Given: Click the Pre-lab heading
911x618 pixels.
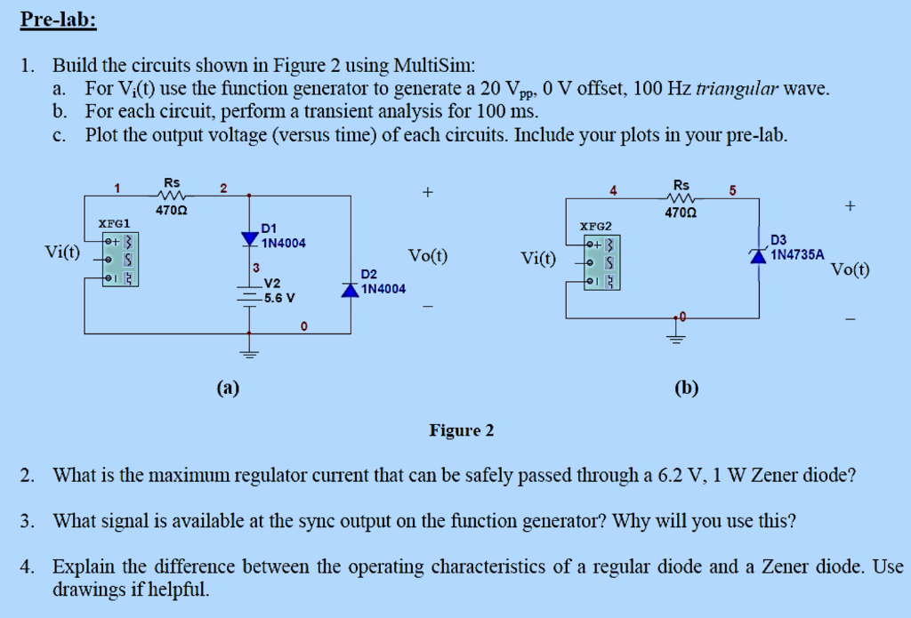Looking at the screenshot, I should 58,20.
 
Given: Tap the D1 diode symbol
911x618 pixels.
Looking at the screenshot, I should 249,238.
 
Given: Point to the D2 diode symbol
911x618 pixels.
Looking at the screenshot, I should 350,290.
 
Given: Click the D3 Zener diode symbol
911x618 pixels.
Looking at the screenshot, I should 758,256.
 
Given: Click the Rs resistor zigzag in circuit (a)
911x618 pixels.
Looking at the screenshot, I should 171,196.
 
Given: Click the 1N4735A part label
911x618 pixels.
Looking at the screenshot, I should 797,254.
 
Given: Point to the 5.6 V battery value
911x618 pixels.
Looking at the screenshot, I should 279,298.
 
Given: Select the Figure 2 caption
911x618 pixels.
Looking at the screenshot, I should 461,431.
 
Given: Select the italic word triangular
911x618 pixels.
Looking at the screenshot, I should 738,89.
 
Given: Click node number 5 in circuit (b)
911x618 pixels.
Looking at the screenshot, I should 731,189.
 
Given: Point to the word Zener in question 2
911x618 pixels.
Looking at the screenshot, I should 777,475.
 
